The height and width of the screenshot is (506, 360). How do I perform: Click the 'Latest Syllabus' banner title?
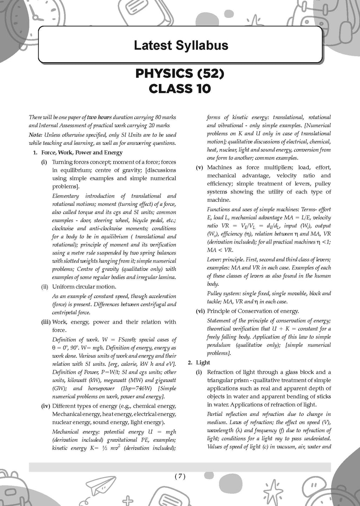click(x=181, y=45)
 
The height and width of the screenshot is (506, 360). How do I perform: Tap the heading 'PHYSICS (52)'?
click(x=180, y=73)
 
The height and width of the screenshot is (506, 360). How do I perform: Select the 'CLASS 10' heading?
click(x=180, y=89)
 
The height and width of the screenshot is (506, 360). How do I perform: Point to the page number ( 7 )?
click(x=180, y=476)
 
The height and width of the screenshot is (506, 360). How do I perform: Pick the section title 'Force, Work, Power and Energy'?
click(x=82, y=153)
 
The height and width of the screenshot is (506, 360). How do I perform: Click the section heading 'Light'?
click(x=203, y=363)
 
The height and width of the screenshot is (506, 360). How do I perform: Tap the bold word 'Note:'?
click(x=36, y=135)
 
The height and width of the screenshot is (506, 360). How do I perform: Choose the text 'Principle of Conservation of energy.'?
click(x=253, y=311)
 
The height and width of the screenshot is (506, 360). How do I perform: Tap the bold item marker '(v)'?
click(x=200, y=168)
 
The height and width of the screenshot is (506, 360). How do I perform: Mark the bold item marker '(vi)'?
click(x=200, y=311)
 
